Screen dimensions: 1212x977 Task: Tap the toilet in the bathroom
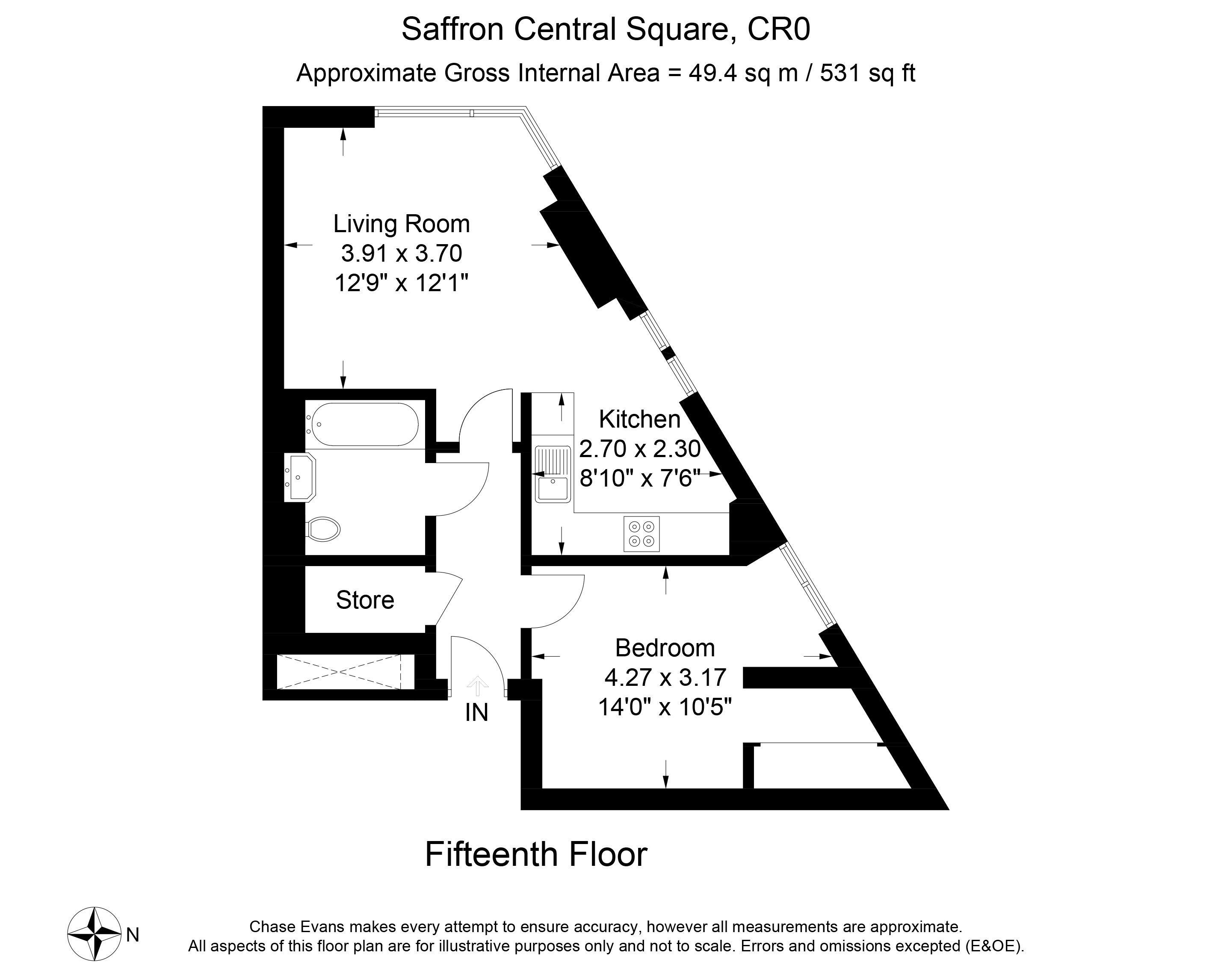pyautogui.click(x=323, y=529)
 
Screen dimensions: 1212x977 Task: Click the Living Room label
pyautogui.click(x=402, y=224)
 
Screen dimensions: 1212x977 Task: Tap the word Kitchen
pyautogui.click(x=639, y=419)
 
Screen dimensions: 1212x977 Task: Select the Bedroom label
pyautogui.click(x=665, y=648)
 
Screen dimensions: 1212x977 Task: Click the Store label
pyautogui.click(x=365, y=600)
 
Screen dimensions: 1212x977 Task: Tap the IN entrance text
pyautogui.click(x=476, y=713)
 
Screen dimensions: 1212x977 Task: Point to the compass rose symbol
pyautogui.click(x=95, y=934)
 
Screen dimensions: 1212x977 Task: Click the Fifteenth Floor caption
pyautogui.click(x=536, y=854)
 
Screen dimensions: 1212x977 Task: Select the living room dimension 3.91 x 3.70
pyautogui.click(x=402, y=253)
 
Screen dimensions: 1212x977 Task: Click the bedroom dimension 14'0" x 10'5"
pyautogui.click(x=665, y=707)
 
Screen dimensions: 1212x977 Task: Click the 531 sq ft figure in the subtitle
pyautogui.click(x=867, y=74)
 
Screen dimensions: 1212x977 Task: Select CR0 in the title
pyautogui.click(x=778, y=29)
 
